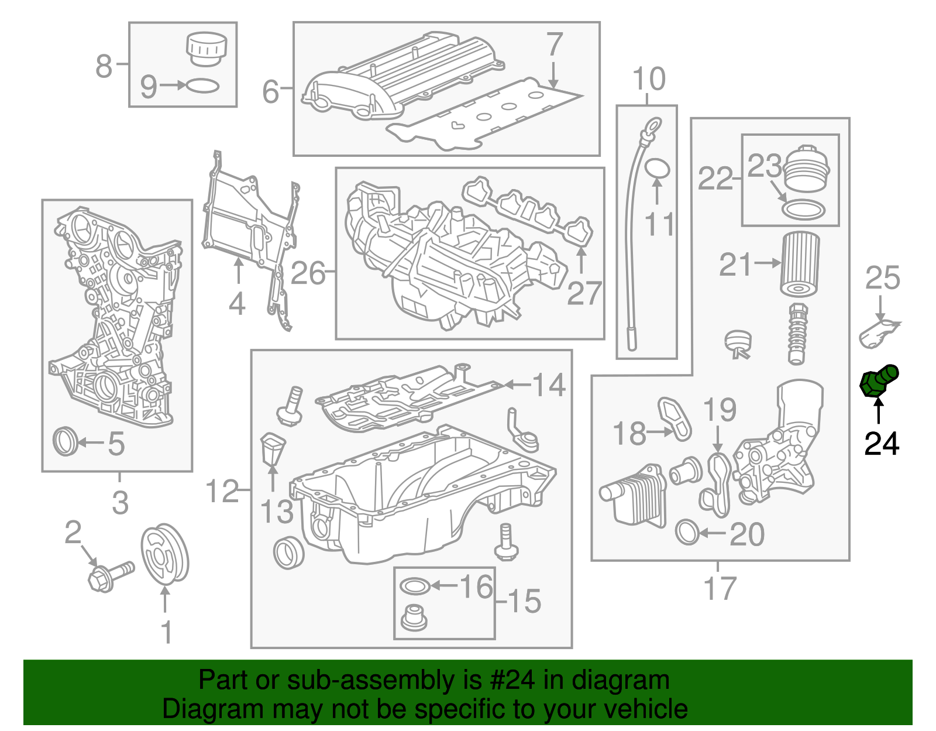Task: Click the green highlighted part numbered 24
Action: (878, 381)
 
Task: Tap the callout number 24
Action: (882, 444)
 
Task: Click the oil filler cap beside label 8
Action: (205, 49)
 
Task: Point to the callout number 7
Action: (553, 44)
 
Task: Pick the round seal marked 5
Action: (65, 442)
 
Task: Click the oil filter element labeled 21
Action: (800, 265)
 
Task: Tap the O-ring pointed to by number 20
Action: (687, 532)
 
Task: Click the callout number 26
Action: (308, 273)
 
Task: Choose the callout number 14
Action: (549, 385)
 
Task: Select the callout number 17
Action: (719, 589)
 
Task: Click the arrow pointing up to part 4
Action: (238, 273)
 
